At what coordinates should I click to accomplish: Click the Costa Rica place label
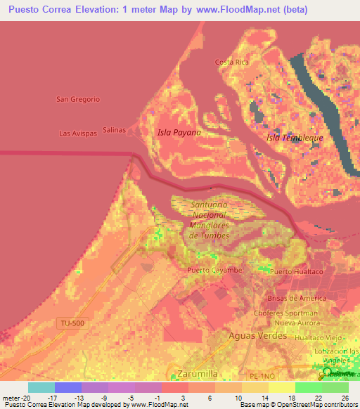232,62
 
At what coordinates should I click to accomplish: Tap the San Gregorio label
78,99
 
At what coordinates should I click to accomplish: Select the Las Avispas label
77,133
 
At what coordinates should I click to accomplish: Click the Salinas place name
114,130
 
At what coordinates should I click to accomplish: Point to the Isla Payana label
178,132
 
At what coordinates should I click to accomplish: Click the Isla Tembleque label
295,138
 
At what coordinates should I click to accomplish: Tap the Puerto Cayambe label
214,270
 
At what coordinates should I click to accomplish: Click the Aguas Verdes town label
257,336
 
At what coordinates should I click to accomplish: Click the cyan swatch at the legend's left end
41,387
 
